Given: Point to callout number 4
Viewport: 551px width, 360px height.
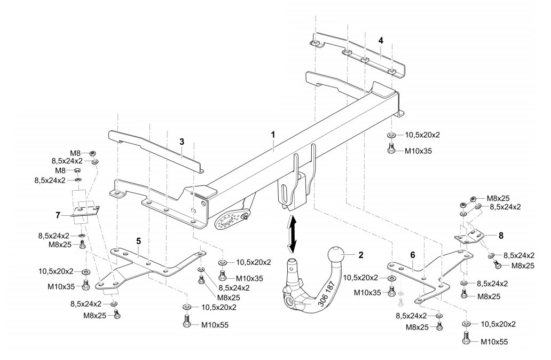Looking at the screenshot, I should [x=381, y=40].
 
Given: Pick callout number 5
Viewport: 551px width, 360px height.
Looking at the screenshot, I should [x=138, y=241].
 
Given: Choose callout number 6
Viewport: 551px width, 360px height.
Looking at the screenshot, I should [x=412, y=255].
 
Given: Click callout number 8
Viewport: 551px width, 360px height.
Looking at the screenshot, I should [x=501, y=234].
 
